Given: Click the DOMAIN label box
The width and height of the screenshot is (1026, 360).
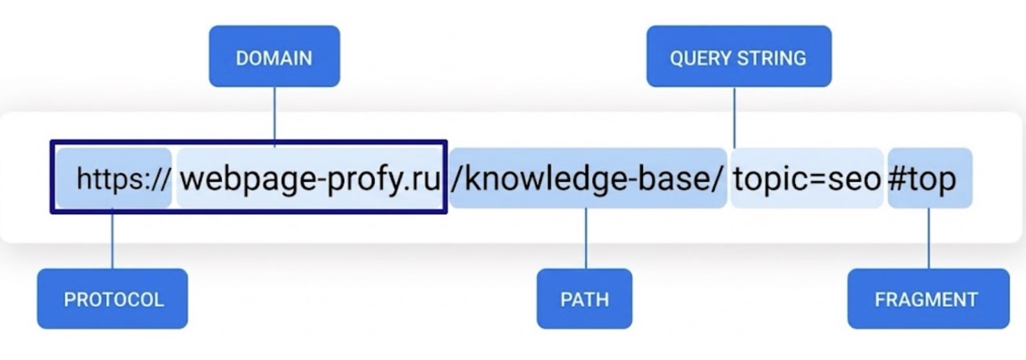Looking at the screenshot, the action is [x=274, y=56].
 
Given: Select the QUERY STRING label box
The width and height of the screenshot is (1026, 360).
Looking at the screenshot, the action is [x=739, y=56].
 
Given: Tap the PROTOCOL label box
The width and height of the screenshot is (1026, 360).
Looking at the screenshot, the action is [x=112, y=298].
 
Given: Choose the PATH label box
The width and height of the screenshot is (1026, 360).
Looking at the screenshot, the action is [x=584, y=298].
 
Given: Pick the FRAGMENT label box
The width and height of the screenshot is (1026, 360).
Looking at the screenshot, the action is [x=928, y=298].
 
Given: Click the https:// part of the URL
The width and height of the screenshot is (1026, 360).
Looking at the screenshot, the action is [x=123, y=179].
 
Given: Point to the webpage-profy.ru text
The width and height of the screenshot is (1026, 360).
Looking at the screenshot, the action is [x=310, y=180].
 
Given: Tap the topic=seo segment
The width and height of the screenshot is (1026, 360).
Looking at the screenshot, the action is [x=807, y=180].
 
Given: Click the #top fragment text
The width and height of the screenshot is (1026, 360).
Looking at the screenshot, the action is [x=922, y=180].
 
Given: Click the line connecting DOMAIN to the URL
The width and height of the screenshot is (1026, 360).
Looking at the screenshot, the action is [x=275, y=117].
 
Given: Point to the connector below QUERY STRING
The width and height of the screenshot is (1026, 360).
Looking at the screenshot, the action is [x=735, y=117].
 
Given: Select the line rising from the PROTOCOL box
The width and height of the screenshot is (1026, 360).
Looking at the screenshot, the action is [x=113, y=238].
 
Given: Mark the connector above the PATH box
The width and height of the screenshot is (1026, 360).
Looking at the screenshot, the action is [x=586, y=238].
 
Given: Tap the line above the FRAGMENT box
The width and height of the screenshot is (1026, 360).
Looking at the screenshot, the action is [x=929, y=238].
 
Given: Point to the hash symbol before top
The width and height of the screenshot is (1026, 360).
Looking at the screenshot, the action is [x=896, y=179].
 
